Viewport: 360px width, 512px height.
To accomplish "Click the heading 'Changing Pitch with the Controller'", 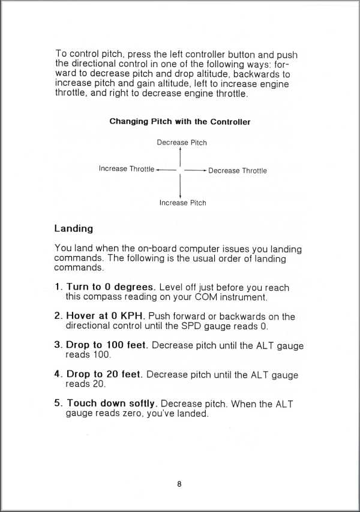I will (180, 122).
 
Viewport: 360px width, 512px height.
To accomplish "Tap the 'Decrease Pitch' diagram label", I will (182, 143).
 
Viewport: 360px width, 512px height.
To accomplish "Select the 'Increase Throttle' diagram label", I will (126, 169).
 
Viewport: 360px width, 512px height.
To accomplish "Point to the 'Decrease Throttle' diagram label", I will (238, 171).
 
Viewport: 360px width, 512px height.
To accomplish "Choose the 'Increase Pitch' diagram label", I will (182, 203).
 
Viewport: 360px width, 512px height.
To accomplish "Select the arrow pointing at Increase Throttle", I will (165, 170).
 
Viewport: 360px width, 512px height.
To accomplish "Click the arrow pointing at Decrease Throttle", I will (196, 170).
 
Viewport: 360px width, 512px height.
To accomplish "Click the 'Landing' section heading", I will (73, 228).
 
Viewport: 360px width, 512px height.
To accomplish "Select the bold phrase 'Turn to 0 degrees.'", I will (112, 287).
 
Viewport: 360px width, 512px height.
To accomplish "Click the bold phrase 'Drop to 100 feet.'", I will (108, 345).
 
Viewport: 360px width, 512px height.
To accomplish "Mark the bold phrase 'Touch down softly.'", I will (112, 403).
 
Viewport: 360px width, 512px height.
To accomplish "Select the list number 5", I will (58, 403).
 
